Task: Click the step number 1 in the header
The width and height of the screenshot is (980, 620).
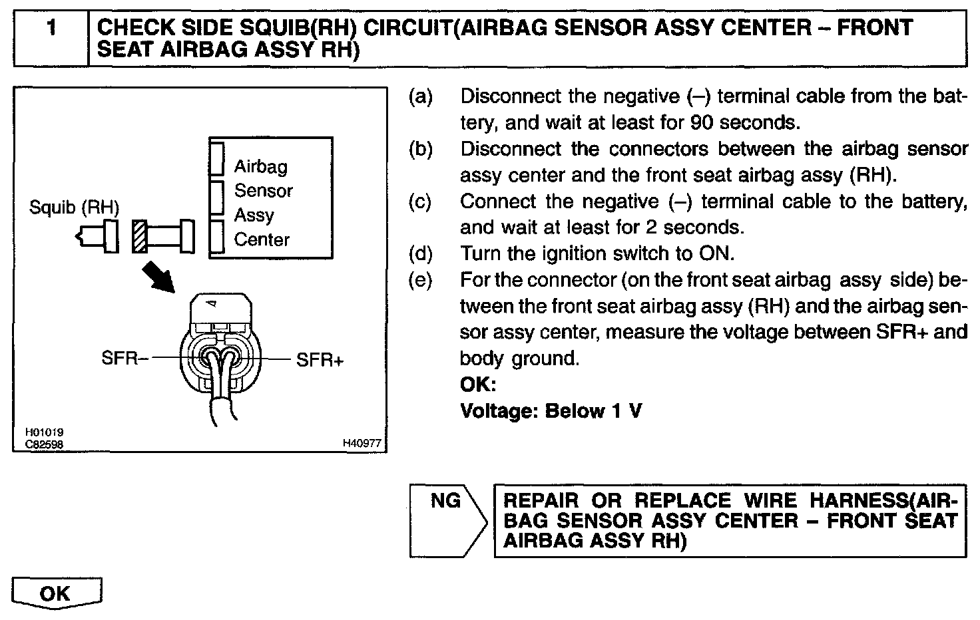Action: coord(51,28)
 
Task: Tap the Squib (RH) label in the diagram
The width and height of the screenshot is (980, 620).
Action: coord(74,208)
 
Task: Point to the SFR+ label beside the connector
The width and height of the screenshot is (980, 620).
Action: coord(320,361)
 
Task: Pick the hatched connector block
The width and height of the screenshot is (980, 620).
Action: coord(140,237)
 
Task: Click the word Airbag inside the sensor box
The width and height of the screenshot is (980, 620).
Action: coord(260,166)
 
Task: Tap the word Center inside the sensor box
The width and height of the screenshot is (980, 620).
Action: coord(262,239)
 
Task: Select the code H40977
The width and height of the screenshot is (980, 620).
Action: coord(362,444)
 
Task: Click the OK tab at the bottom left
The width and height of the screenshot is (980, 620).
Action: coord(56,593)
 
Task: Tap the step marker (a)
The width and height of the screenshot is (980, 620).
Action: coord(420,97)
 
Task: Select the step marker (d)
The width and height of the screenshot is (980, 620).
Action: coord(420,254)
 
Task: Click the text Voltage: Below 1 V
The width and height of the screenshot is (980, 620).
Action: coord(551,411)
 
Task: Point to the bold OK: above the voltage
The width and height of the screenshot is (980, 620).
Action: coord(478,385)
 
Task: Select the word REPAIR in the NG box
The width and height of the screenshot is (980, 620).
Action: coord(541,501)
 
